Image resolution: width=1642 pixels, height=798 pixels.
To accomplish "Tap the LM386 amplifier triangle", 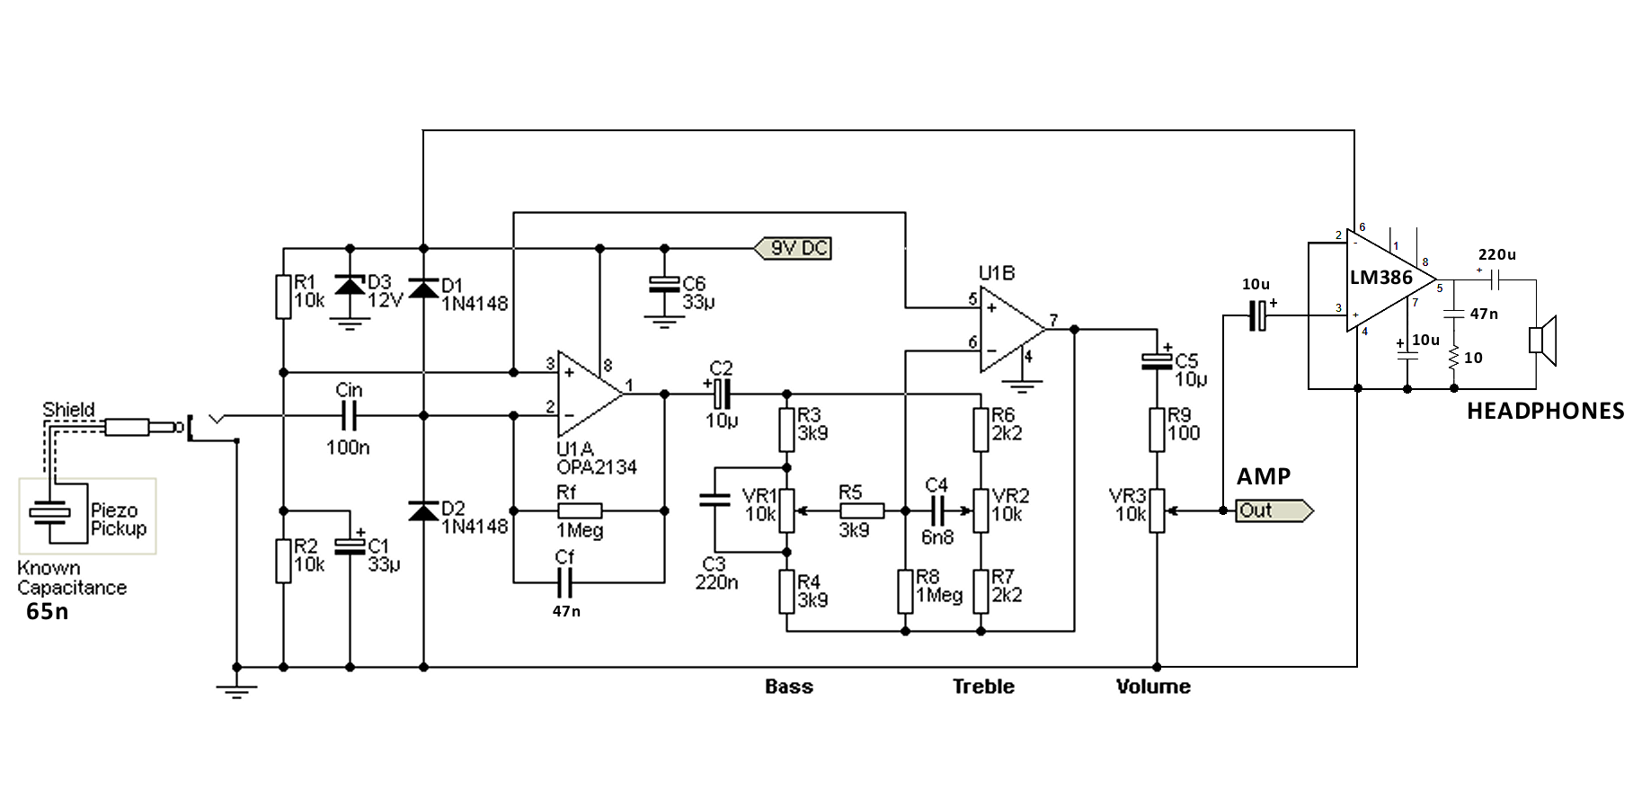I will (1384, 279).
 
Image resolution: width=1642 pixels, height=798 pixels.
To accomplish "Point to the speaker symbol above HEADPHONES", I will (1542, 341).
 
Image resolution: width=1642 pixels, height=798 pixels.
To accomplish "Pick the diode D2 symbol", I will (423, 511).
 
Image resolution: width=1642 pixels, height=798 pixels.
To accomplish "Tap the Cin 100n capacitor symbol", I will (349, 416).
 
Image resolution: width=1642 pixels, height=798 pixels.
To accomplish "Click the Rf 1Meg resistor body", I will (580, 510).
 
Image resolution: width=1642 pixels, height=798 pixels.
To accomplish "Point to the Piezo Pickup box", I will (87, 516).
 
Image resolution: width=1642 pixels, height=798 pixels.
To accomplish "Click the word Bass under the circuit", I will (789, 687).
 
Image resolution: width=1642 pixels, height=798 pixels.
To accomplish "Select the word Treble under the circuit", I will (983, 687).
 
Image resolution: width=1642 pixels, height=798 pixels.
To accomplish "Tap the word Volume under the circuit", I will (1153, 687).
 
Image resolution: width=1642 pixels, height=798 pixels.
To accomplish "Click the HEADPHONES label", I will (1545, 412).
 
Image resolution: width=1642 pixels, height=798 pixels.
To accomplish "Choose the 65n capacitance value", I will (47, 612).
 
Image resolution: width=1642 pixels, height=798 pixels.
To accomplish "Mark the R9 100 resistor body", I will (1158, 430).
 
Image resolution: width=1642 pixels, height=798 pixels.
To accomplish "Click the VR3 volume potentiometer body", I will (1158, 510).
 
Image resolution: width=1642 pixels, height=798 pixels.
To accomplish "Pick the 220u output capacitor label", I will (1496, 255).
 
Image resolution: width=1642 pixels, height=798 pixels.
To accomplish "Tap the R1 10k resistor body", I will (283, 297).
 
